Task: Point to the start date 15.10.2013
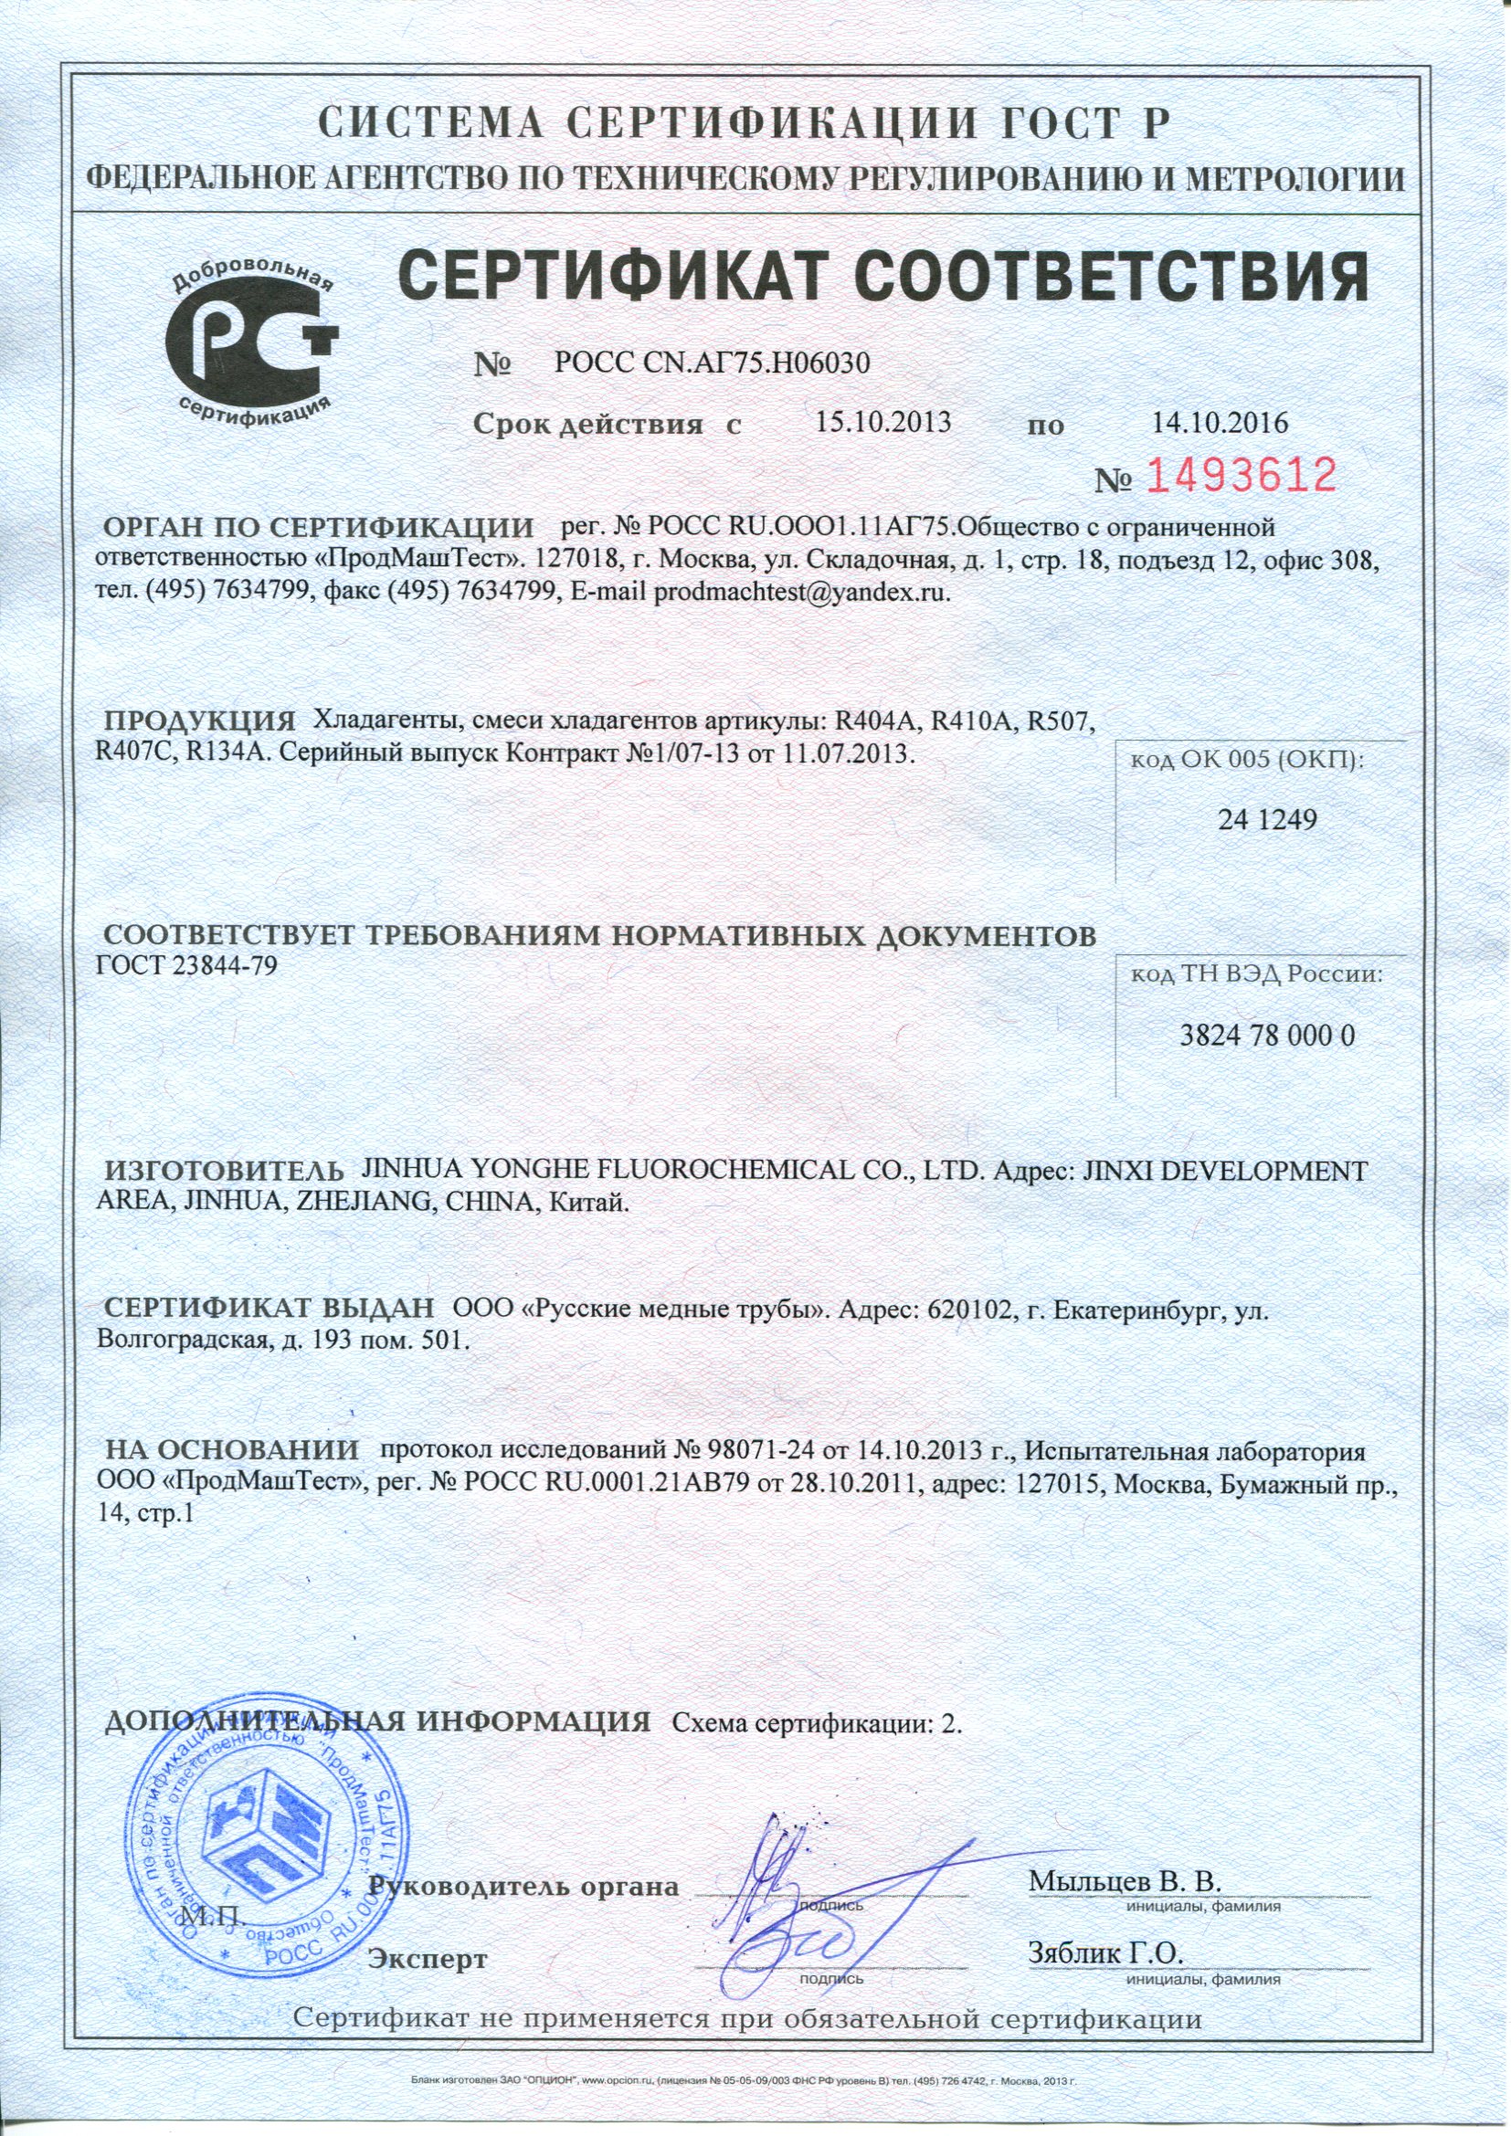883,424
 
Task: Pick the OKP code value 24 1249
1267,819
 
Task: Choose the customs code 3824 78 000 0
1266,1035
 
